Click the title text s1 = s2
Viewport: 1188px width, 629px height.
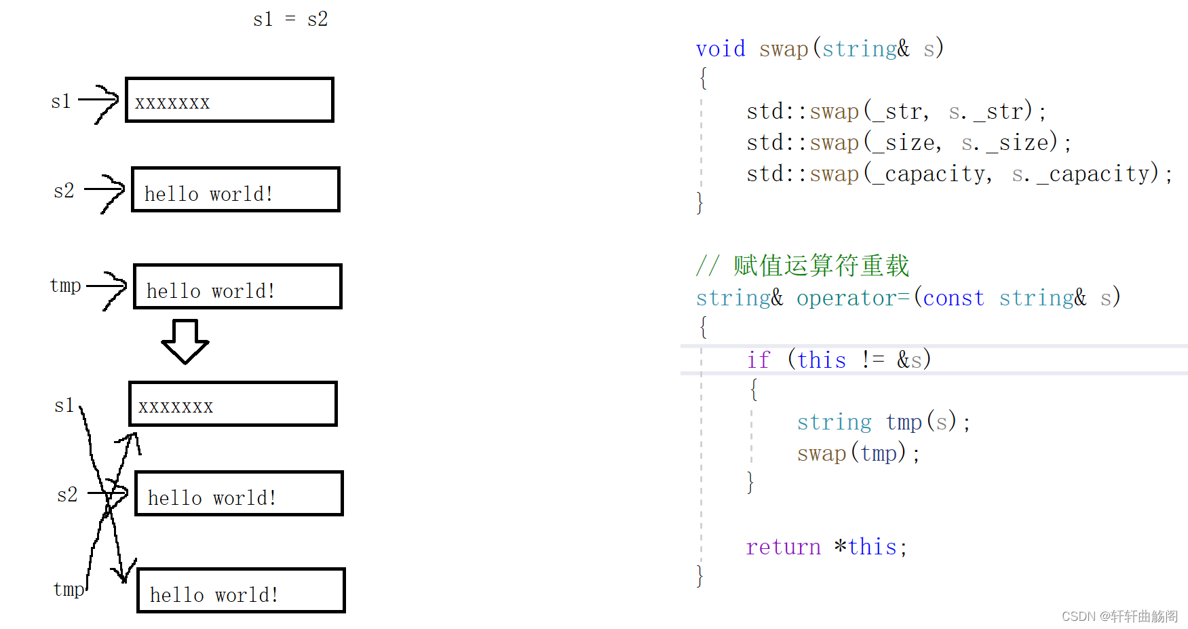pos(290,20)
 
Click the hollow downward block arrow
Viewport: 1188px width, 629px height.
pos(185,341)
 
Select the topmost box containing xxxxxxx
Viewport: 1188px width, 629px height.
pos(229,100)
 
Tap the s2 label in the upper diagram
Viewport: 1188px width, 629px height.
pos(64,191)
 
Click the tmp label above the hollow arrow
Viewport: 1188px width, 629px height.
pos(66,286)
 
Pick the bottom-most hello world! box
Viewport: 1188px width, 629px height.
pos(241,591)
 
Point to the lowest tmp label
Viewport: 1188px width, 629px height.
pos(69,589)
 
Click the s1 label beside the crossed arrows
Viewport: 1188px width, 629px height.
pos(64,406)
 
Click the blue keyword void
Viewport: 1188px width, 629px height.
pos(720,49)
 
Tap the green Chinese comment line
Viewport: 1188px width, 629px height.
pos(803,266)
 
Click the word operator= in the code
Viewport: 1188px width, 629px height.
pos(852,298)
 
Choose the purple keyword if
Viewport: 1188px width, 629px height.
pos(759,360)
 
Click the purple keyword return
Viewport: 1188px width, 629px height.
pos(783,547)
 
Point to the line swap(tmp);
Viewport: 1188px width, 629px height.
pos(858,453)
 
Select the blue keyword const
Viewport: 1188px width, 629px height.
pos(953,298)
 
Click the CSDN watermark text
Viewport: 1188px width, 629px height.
pos(1119,616)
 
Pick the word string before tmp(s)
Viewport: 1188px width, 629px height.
pos(834,422)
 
